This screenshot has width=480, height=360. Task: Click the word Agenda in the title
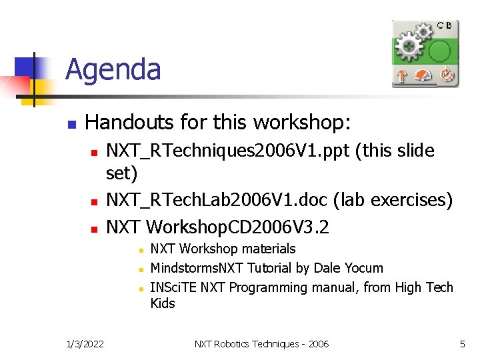(113, 69)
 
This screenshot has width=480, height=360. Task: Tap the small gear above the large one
(423, 31)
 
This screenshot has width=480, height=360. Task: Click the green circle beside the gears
(439, 50)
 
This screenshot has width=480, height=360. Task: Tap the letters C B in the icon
(444, 25)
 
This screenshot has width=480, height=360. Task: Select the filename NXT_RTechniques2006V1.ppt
(229, 151)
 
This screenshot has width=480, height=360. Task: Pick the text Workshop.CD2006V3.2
(237, 227)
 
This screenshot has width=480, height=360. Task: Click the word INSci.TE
(173, 287)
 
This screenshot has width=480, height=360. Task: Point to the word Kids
(163, 303)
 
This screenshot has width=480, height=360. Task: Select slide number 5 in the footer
(462, 344)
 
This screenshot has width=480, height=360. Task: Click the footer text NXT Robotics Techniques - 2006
(261, 344)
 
